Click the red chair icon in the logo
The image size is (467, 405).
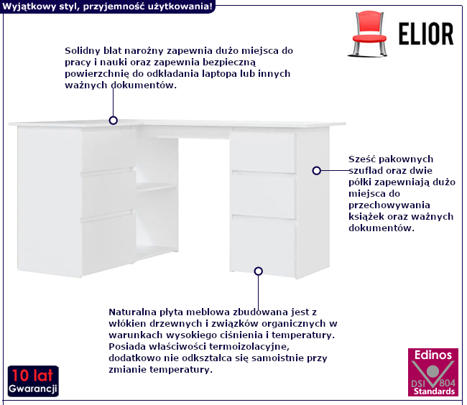click(x=369, y=34)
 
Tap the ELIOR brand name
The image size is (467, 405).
click(x=426, y=34)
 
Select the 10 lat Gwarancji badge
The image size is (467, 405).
click(x=33, y=381)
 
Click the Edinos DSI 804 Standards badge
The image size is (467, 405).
click(x=433, y=372)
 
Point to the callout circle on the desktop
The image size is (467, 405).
click(x=114, y=121)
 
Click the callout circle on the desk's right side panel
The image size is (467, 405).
click(x=317, y=170)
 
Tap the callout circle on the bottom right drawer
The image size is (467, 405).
click(x=259, y=271)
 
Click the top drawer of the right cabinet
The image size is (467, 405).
click(x=263, y=152)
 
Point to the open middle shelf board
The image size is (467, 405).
click(x=157, y=187)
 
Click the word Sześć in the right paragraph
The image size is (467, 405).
click(x=361, y=159)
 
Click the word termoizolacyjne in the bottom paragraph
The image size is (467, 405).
click(x=249, y=347)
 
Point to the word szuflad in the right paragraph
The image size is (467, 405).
click(x=366, y=170)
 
